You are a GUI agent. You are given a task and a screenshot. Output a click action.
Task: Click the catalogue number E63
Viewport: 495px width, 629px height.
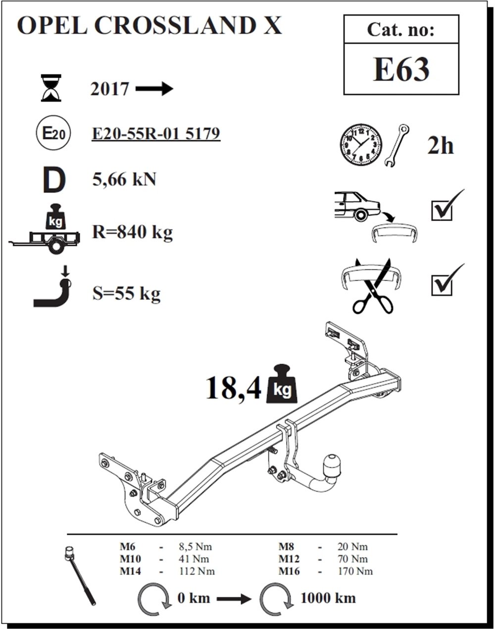tap(401, 69)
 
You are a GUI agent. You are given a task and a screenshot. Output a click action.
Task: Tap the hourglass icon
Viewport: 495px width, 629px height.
tap(51, 88)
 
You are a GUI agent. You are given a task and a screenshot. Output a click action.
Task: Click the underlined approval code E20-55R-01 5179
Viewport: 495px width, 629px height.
tap(156, 134)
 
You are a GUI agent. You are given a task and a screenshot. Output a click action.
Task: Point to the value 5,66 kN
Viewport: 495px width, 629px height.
tap(124, 179)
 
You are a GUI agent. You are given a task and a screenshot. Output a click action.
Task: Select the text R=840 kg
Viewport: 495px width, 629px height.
tap(132, 231)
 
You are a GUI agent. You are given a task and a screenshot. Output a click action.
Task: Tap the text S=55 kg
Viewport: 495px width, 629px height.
tap(126, 294)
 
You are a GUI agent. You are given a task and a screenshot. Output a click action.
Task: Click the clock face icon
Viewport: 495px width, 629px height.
tap(360, 145)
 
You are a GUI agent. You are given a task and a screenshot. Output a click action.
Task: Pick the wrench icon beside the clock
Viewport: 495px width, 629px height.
tap(396, 145)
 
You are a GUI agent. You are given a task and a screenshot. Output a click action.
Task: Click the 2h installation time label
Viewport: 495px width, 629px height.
tap(440, 146)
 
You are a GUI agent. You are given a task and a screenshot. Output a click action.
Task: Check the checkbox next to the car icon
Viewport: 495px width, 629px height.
tap(442, 210)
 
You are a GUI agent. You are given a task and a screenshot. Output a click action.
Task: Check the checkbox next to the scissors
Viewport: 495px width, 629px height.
tap(442, 285)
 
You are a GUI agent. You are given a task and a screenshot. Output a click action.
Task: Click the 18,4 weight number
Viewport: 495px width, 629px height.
tap(233, 388)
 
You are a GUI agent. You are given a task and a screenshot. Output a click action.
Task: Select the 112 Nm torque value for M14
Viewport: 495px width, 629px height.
tap(197, 571)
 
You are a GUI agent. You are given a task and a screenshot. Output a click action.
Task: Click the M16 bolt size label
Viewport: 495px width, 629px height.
tap(289, 571)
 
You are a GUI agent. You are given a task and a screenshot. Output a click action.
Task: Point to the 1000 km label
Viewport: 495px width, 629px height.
tap(328, 598)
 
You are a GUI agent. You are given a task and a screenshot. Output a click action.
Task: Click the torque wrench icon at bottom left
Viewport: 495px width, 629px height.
tap(80, 575)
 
